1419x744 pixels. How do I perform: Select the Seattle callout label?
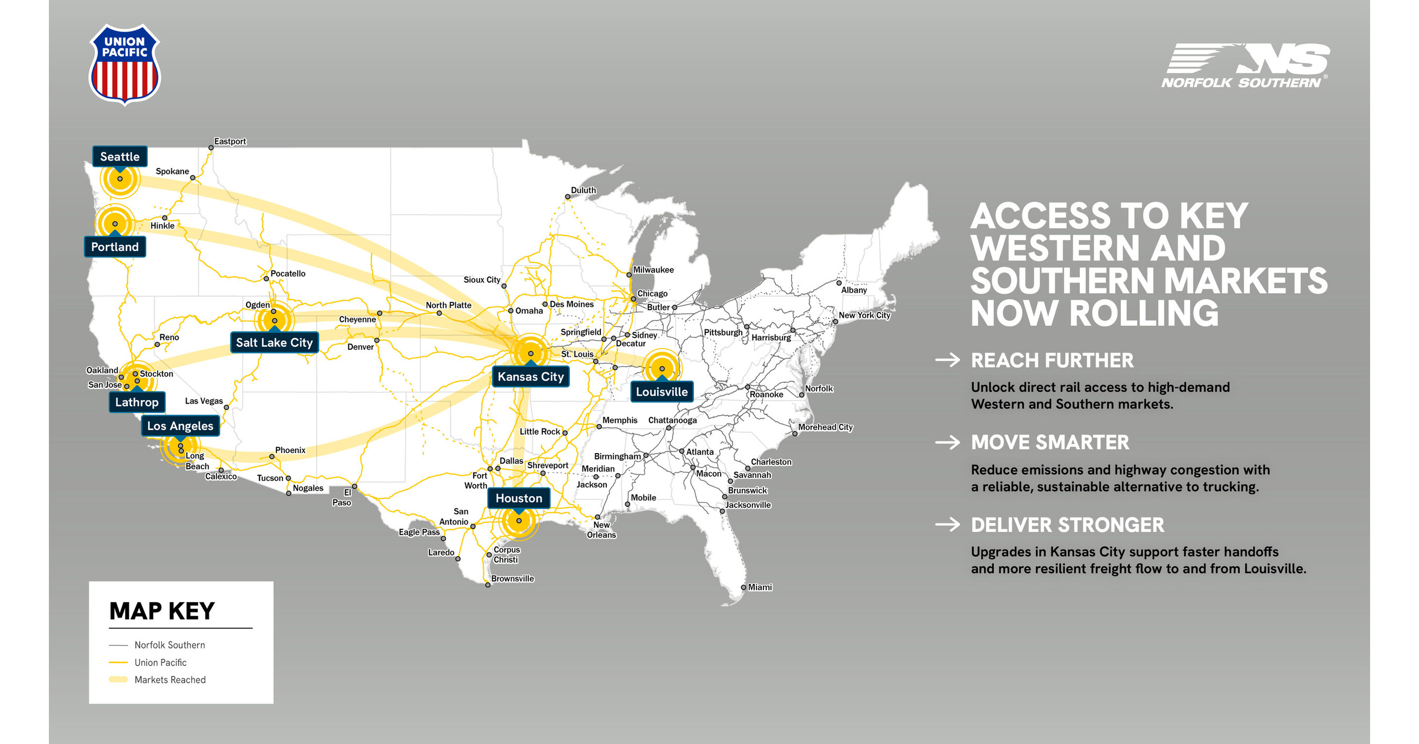click(119, 156)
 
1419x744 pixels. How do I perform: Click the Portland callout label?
click(115, 247)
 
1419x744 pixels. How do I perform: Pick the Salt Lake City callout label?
click(274, 343)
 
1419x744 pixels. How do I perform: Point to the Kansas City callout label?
click(530, 377)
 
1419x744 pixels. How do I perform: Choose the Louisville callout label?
click(661, 392)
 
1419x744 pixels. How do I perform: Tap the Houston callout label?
click(518, 498)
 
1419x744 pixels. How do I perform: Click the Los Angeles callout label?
click(180, 426)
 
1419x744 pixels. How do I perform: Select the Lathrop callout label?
click(137, 403)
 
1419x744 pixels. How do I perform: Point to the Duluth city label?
click(584, 190)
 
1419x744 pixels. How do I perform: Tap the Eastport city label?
click(230, 142)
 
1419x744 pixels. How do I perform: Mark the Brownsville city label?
click(512, 579)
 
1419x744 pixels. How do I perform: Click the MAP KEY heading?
click(162, 611)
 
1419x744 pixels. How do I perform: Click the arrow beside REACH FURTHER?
click(947, 360)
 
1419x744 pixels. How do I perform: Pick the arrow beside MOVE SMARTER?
click(947, 443)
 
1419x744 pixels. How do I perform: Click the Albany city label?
click(854, 290)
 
